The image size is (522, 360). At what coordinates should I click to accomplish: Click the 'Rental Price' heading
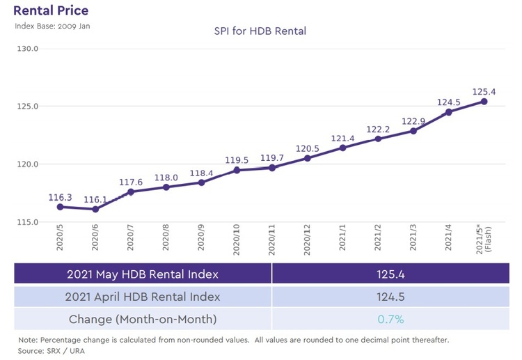coord(51,11)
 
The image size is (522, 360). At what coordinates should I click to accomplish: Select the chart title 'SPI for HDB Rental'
coord(260,31)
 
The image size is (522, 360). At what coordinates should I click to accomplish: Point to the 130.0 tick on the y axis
coord(29,49)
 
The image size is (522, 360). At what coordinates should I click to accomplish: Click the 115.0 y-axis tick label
coord(29,222)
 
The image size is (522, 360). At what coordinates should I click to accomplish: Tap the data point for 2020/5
coord(60,207)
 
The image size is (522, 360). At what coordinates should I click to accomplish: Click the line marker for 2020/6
coord(95,209)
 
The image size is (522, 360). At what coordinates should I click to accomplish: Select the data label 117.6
coord(131,182)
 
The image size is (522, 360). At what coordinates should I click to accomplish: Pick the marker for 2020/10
coord(237,170)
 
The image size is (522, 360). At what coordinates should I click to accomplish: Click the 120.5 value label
coord(308,149)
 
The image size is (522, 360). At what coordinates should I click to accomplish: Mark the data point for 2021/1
coord(343,148)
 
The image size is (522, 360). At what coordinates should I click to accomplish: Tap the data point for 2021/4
coord(449,112)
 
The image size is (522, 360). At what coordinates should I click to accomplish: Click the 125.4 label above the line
coord(484,91)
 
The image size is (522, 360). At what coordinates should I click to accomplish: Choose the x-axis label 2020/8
coord(166,241)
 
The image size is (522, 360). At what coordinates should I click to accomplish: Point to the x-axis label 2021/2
coord(378,241)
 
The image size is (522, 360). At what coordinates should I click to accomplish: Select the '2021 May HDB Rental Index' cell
coord(142,274)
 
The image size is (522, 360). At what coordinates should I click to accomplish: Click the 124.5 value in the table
coord(390,297)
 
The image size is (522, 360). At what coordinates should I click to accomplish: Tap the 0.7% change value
coord(390,320)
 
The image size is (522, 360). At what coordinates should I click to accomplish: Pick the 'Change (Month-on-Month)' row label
coord(142,320)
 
